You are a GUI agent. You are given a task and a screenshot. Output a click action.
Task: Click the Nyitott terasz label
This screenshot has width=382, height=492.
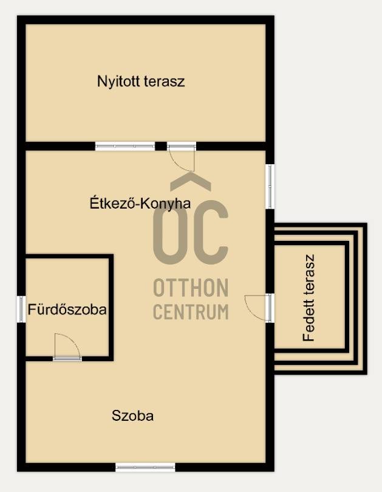pyautogui.click(x=141, y=81)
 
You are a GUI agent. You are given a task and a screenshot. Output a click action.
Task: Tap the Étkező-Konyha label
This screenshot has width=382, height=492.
pyautogui.click(x=140, y=203)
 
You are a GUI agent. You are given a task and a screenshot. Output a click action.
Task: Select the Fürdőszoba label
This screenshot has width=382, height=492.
pyautogui.click(x=67, y=310)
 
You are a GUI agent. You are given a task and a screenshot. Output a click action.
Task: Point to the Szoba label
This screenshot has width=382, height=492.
pyautogui.click(x=132, y=416)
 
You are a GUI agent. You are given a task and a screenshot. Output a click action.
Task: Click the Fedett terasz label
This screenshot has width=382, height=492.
pyautogui.click(x=309, y=298)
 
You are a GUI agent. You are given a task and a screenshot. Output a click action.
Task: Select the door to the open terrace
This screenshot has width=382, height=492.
pyautogui.click(x=182, y=157)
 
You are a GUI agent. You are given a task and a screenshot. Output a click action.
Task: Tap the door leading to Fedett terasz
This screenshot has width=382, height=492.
pyautogui.click(x=259, y=308)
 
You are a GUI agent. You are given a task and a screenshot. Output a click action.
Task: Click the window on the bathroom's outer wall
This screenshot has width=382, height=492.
pyautogui.click(x=21, y=309)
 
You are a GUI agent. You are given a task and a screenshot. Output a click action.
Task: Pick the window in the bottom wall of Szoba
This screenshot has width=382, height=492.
pyautogui.click(x=145, y=467)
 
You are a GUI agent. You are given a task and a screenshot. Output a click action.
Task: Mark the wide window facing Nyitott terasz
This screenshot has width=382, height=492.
pyautogui.click(x=125, y=146)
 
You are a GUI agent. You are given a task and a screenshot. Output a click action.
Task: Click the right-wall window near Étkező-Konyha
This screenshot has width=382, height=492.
pyautogui.click(x=270, y=186)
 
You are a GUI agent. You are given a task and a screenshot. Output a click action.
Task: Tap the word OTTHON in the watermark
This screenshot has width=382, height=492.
pyautogui.click(x=191, y=288)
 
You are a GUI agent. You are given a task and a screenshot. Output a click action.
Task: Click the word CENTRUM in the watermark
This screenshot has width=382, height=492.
pyautogui.click(x=191, y=311)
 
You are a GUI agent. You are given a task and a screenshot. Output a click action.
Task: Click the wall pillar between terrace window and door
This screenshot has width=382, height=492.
pyautogui.click(x=161, y=146)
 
